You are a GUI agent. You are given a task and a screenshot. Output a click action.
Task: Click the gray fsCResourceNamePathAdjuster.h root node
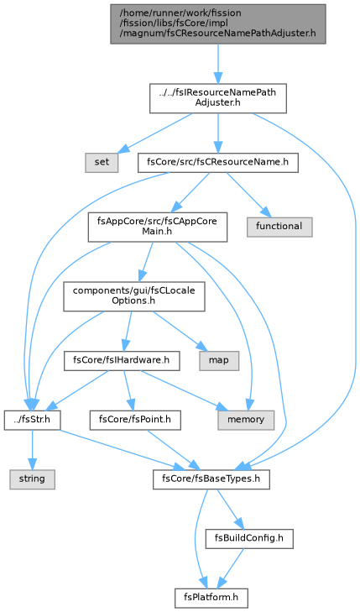(x=217, y=24)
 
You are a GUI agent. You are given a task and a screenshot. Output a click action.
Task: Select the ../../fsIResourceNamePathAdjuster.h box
(x=217, y=98)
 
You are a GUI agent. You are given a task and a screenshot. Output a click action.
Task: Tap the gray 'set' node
(x=102, y=162)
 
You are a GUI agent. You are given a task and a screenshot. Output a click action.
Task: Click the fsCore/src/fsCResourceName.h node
(x=217, y=162)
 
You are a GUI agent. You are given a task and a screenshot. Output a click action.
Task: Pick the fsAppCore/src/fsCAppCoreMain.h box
(x=157, y=227)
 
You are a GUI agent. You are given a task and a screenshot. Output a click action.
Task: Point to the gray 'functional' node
(x=279, y=227)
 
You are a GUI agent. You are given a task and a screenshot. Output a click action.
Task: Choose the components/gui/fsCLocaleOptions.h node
(x=133, y=296)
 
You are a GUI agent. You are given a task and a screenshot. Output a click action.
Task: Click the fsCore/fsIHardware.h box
(x=122, y=360)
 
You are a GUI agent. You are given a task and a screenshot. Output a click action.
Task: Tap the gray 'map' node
(x=219, y=360)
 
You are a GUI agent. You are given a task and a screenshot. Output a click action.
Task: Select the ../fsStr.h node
(x=32, y=420)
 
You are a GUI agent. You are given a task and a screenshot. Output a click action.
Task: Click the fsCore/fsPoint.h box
(x=135, y=420)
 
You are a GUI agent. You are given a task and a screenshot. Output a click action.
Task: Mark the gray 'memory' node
(x=246, y=420)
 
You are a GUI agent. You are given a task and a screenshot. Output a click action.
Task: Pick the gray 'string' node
(x=32, y=479)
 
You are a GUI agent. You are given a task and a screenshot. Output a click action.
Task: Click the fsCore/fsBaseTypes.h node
(x=211, y=479)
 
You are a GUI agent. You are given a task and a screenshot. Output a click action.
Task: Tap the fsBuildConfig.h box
(x=249, y=539)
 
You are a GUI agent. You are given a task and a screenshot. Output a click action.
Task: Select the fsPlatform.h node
(x=211, y=598)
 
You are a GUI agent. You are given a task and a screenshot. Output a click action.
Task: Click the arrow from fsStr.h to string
(x=32, y=450)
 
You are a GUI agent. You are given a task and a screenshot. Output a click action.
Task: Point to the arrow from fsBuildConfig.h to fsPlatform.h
(x=231, y=568)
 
